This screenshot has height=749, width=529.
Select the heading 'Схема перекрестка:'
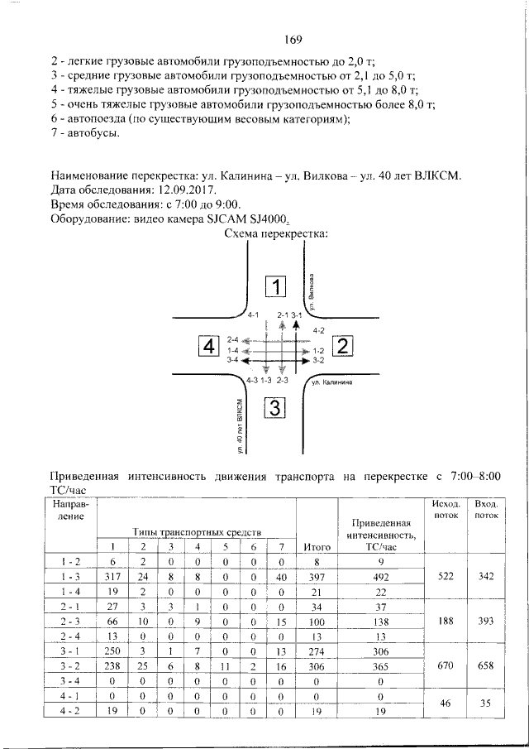pyautogui.click(x=276, y=234)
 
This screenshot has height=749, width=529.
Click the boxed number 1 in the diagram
pyautogui.click(x=274, y=287)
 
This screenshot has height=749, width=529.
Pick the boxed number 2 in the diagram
pyautogui.click(x=342, y=345)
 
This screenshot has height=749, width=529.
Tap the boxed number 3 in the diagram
pyautogui.click(x=274, y=408)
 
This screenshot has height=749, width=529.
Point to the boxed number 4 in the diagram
pyautogui.click(x=208, y=345)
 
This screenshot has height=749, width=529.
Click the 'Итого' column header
pyautogui.click(x=317, y=546)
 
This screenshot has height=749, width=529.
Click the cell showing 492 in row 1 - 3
pyautogui.click(x=380, y=576)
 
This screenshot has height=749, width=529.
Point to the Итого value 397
pyautogui.click(x=317, y=576)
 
